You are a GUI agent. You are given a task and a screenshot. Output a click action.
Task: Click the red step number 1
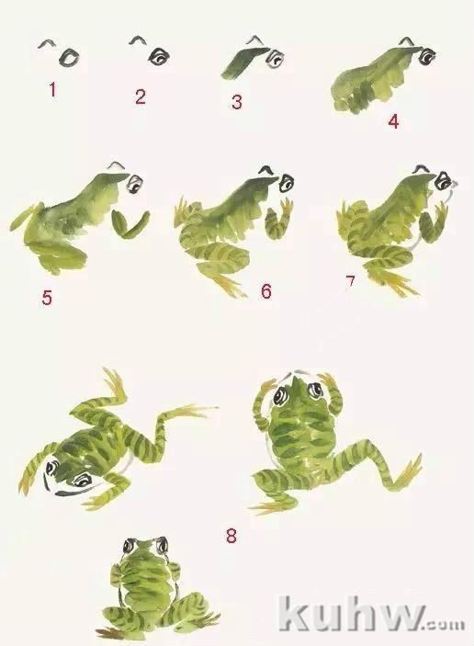click(52, 89)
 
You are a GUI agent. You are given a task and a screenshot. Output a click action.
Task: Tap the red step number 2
click(140, 96)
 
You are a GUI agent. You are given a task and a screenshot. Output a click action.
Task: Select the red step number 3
click(236, 102)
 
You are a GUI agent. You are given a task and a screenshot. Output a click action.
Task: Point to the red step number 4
click(394, 121)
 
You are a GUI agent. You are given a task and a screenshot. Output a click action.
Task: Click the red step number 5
click(47, 298)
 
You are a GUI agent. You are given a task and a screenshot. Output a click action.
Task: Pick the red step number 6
click(266, 291)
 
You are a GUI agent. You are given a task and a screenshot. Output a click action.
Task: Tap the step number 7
click(350, 283)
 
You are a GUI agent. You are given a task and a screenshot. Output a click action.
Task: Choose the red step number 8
click(231, 536)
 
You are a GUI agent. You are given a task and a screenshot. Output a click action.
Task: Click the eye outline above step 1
click(69, 57)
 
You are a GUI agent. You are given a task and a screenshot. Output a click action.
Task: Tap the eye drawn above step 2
click(159, 56)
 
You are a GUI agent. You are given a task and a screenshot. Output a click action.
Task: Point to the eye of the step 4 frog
click(428, 56)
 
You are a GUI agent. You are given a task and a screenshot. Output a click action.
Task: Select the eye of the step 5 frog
click(135, 184)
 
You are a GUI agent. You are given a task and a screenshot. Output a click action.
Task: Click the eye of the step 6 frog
click(287, 183)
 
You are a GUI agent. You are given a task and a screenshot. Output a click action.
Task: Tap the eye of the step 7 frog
click(444, 181)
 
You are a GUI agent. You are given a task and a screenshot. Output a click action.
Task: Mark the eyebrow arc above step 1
click(48, 43)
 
